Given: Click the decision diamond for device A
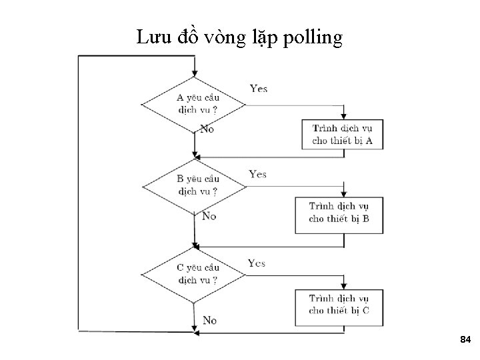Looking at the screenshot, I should click(194, 105).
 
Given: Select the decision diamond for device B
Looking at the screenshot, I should click(194, 185).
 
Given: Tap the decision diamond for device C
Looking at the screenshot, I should click(194, 274).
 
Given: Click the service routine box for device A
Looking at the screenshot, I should click(343, 134).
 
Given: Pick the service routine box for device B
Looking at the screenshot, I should click(339, 213).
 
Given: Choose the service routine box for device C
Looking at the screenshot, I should click(339, 304).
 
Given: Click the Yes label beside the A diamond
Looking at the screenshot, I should click(259, 89).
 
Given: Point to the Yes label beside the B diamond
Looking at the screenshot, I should click(257, 175).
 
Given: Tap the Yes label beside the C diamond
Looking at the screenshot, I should click(257, 263).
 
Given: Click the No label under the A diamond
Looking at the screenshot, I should click(207, 129).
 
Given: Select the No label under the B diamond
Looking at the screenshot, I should click(209, 216).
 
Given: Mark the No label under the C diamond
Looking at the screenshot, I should click(209, 321).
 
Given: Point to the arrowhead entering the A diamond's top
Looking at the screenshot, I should click(194, 74).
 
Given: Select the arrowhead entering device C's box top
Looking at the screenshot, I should click(344, 285).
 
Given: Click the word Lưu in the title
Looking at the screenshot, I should click(152, 37).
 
